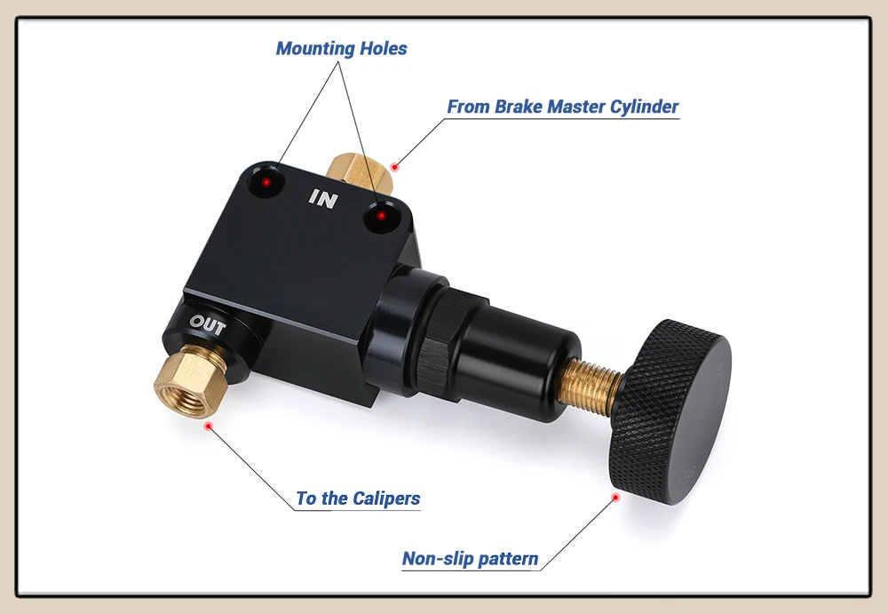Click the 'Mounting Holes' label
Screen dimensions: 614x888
point(341,49)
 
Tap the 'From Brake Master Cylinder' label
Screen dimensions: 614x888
point(562,108)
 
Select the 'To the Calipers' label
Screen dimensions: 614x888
point(358,498)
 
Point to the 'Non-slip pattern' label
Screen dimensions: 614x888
point(470,559)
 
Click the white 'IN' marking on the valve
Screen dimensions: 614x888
point(323,199)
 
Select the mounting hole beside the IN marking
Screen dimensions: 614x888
point(382,216)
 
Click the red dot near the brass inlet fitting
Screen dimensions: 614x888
point(395,165)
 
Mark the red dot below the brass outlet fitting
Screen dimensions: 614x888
point(209,426)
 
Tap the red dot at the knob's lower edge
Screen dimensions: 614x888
point(614,498)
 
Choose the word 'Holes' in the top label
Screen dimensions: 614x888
point(383,49)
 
